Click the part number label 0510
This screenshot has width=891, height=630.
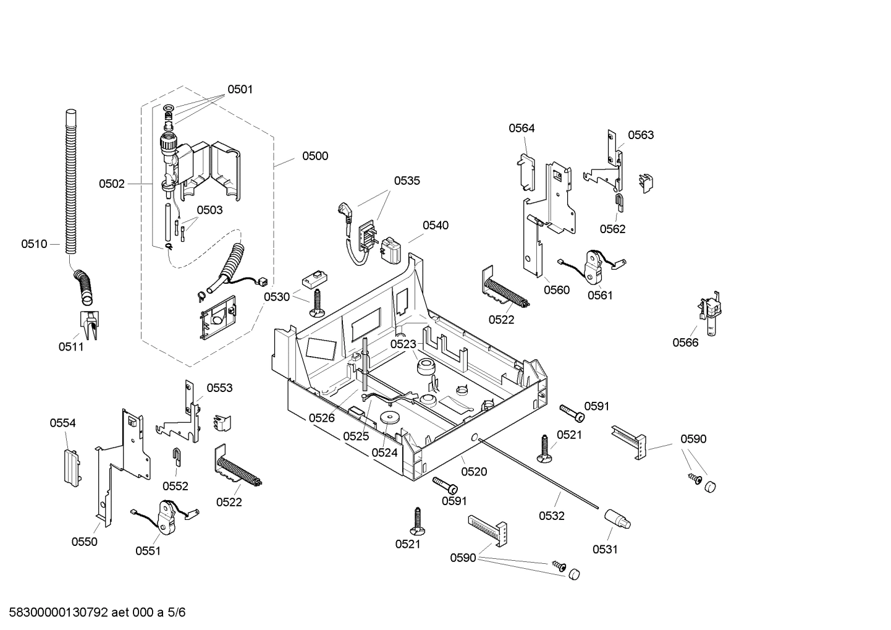coord(34,244)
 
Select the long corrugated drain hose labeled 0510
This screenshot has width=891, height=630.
coord(72,185)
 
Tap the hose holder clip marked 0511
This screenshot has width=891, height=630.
coord(89,324)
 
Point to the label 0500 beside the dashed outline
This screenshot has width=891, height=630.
coord(315,156)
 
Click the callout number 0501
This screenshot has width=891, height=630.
coord(240,89)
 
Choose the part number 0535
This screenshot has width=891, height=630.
coord(407,181)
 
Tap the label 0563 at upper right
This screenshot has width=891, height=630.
coord(641,135)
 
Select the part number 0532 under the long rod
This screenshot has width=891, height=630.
coord(551,516)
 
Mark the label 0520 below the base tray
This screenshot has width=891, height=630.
coord(474,472)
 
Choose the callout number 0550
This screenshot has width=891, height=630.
coord(84,542)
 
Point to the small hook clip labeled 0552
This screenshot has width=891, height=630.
coord(177,458)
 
